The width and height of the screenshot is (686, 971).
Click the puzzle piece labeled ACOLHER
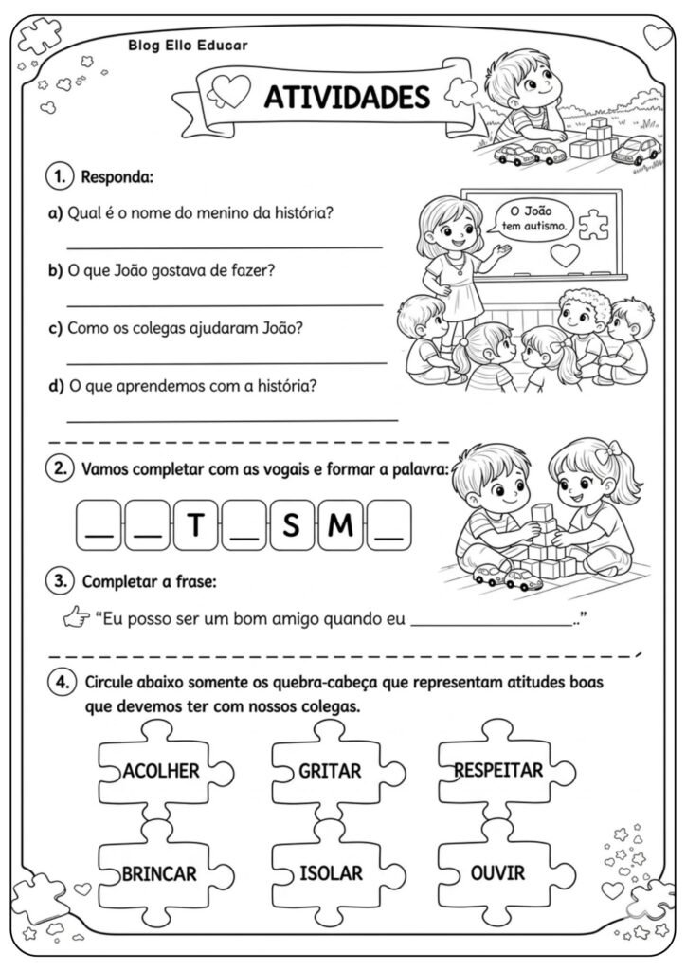[x=160, y=771]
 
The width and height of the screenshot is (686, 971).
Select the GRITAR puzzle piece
[x=330, y=771]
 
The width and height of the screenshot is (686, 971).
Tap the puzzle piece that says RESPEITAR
[x=498, y=770]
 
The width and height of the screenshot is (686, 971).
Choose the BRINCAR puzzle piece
[x=159, y=873]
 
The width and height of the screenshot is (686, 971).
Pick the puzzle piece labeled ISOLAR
[x=330, y=873]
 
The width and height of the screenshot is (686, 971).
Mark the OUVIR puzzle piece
[x=498, y=872]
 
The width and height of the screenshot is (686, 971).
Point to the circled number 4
[x=61, y=683]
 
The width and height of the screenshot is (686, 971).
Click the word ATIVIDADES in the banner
[x=345, y=97]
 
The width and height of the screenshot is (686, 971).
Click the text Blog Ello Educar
[x=188, y=45]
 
